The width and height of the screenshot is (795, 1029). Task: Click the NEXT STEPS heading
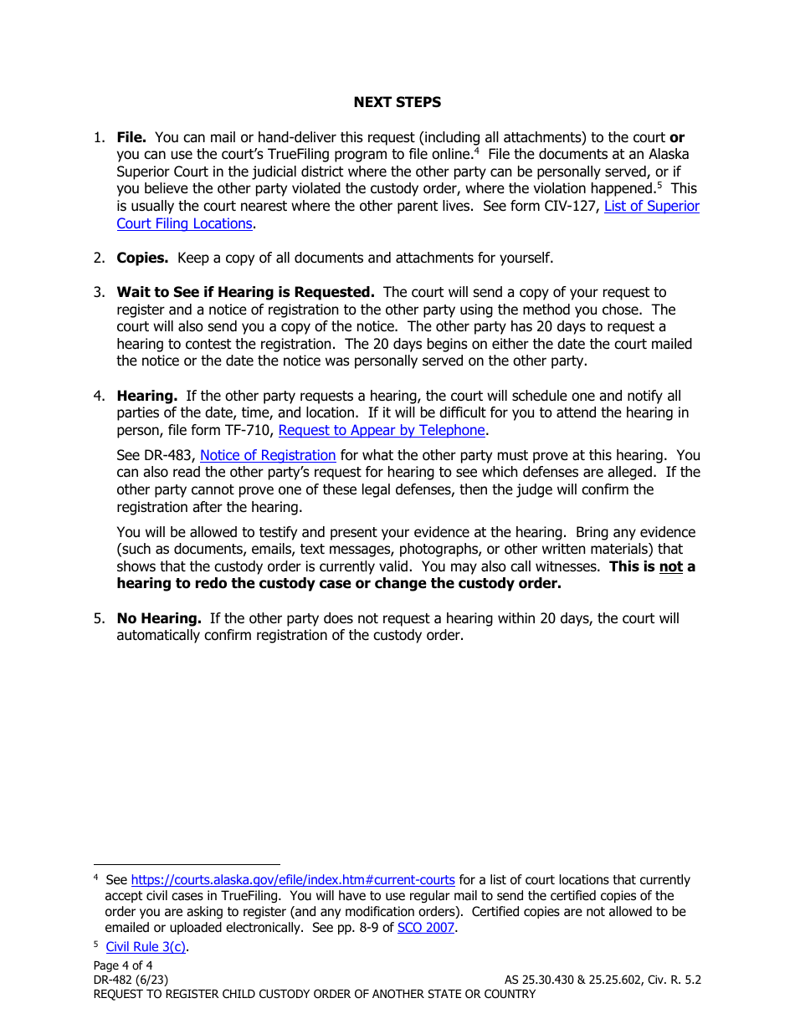397,102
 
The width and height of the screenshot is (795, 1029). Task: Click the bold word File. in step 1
131,137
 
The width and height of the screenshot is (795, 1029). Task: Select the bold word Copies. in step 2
142,258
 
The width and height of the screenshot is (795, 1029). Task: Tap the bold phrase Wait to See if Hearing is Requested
245,292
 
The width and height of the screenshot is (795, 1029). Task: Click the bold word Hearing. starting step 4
146,396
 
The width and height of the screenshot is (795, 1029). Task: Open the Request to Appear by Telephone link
381,430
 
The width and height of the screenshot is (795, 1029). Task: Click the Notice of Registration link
268,455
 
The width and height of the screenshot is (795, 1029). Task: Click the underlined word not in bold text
671,566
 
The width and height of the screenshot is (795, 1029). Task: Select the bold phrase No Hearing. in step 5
159,618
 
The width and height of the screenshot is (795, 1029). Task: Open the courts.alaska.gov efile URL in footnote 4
293,880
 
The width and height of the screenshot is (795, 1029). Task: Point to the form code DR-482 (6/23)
135,980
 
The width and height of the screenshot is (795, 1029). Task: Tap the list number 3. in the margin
99,292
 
